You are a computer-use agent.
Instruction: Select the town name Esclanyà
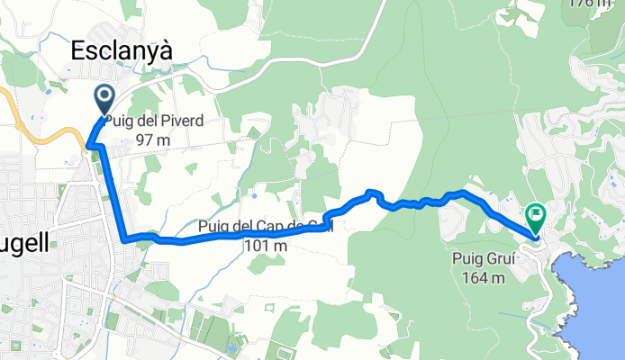point(122,51)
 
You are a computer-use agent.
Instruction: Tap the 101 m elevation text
point(265,246)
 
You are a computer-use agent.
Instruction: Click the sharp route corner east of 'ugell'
point(123,239)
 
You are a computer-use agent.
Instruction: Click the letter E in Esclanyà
point(77,51)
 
